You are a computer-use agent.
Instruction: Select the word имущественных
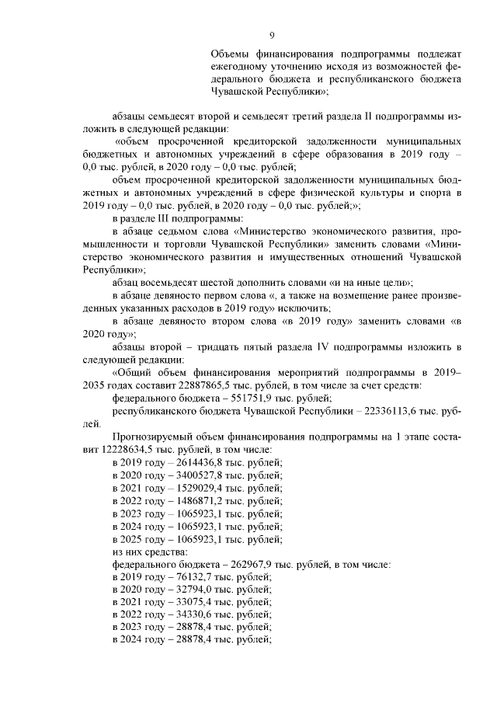[301, 255]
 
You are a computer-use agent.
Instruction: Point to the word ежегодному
[238, 66]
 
